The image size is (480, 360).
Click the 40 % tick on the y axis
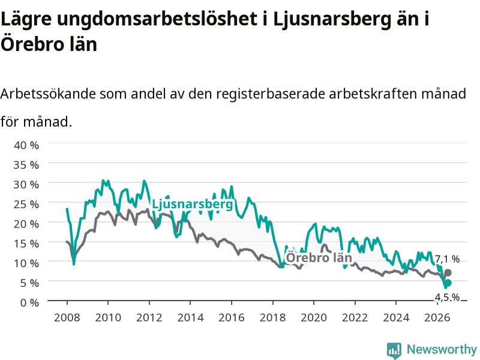[26, 145]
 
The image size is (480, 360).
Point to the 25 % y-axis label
[26, 204]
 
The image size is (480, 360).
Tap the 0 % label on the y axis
[29, 302]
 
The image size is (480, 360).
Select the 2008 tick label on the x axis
[67, 317]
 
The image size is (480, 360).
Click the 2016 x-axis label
[232, 317]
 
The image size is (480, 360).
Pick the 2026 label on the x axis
[437, 317]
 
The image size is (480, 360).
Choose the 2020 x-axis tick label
[314, 317]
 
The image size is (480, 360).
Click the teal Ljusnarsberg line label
[192, 204]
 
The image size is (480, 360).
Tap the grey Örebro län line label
[319, 257]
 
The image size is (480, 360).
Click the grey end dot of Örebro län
[448, 272]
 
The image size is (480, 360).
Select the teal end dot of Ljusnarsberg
[448, 283]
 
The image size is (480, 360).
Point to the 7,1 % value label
[447, 259]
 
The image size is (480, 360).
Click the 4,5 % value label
[447, 297]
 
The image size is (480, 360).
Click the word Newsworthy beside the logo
[442, 349]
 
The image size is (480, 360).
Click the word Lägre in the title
[26, 19]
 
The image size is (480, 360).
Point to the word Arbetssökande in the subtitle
[48, 94]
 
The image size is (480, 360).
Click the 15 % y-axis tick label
[26, 244]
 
